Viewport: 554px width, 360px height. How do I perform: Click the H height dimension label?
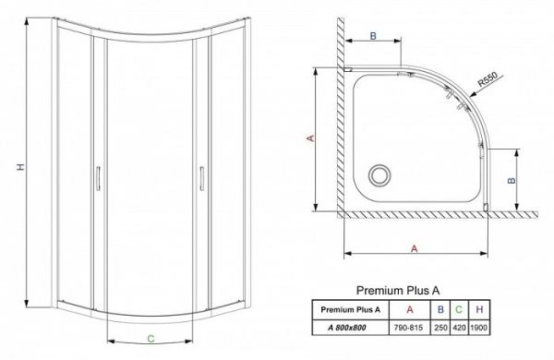tap(20, 167)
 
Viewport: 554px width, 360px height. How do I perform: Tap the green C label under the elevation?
tap(149, 339)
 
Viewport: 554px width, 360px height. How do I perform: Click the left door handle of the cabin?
tap(98, 177)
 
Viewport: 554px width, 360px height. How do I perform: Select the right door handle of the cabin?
tap(199, 177)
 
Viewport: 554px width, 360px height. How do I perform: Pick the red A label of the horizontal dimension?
tap(414, 248)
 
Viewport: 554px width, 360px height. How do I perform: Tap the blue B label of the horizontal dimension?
tap(373, 35)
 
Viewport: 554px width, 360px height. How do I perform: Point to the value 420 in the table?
tap(460, 326)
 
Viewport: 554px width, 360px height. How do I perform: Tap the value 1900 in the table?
tap(480, 326)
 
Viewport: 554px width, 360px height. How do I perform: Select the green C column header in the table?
tap(460, 308)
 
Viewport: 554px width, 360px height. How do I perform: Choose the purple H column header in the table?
tap(480, 308)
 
